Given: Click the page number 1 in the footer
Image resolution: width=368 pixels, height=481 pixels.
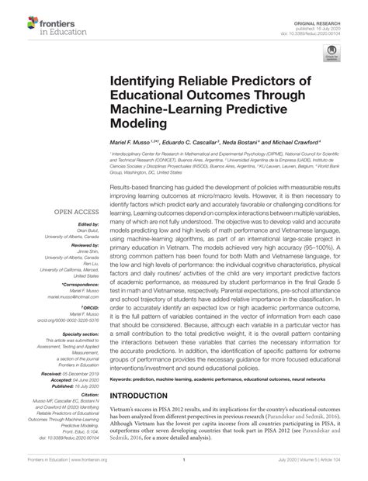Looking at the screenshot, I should [184, 470].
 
